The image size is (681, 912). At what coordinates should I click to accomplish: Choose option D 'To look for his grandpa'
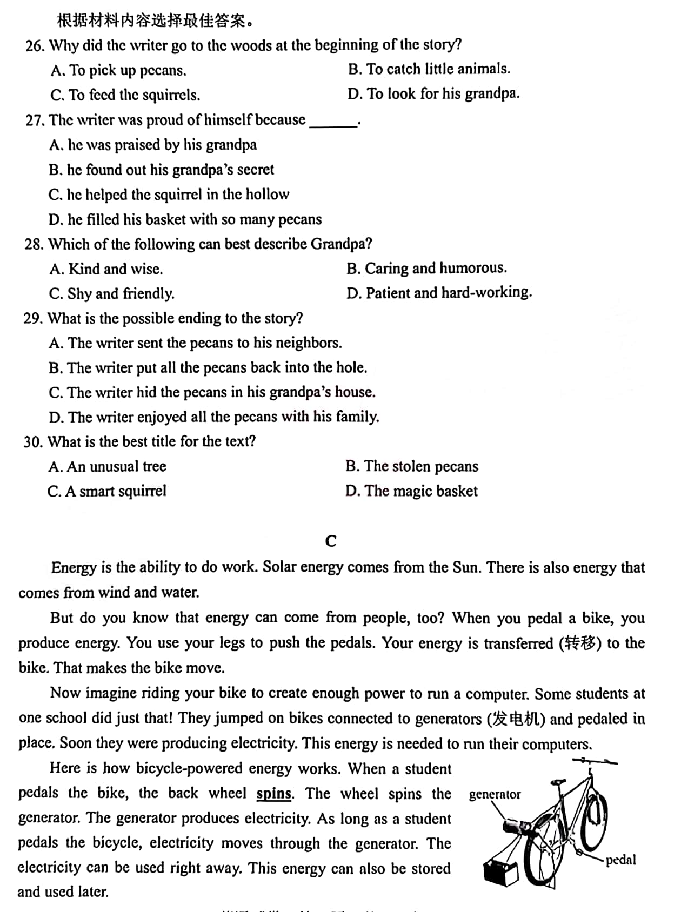(433, 94)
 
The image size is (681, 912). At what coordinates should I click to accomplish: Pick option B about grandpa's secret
(161, 170)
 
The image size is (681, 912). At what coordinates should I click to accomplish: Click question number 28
(33, 244)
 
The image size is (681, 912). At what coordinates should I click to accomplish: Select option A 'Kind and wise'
(106, 269)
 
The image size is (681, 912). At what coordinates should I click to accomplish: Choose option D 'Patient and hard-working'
(439, 293)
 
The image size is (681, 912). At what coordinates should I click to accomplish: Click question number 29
(32, 318)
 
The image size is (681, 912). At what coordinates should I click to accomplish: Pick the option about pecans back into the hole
(208, 367)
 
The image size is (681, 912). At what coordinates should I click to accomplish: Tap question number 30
(32, 442)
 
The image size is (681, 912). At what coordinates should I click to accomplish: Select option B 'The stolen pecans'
(411, 466)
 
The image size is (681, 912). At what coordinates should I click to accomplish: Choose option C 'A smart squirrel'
(106, 491)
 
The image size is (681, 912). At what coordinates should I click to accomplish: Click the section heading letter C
(331, 541)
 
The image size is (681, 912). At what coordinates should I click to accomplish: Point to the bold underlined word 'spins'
(275, 794)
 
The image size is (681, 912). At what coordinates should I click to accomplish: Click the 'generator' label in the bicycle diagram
(495, 794)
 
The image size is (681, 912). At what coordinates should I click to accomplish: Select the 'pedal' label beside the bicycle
(620, 860)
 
